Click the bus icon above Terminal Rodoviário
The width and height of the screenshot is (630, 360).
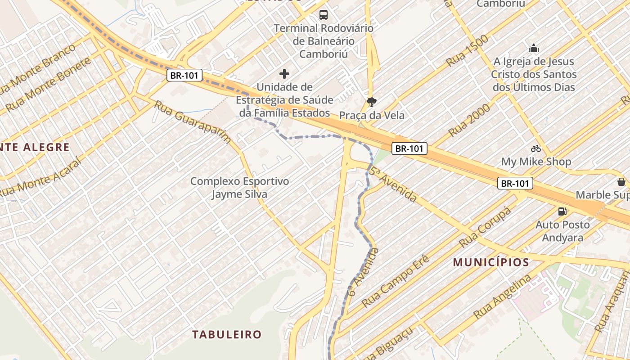pos(324,14)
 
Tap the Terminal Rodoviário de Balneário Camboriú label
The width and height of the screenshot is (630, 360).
pos(324,41)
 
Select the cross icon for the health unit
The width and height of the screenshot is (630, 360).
pos(284,73)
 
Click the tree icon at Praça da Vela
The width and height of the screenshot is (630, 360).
pos(372,102)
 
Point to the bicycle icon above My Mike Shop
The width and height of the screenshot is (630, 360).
pos(535,148)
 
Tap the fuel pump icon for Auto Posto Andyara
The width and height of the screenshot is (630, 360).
pos(562,211)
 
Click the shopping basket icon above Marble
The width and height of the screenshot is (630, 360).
pos(621,182)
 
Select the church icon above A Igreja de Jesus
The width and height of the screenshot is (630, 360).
pos(534,48)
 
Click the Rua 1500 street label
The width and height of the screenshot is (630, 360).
pos(468,50)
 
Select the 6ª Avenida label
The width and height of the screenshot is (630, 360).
pos(363,271)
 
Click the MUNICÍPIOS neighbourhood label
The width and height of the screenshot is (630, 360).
pos(490,262)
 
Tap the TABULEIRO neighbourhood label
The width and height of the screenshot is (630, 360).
pos(227,334)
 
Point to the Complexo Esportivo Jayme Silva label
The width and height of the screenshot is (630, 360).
pos(239,188)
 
